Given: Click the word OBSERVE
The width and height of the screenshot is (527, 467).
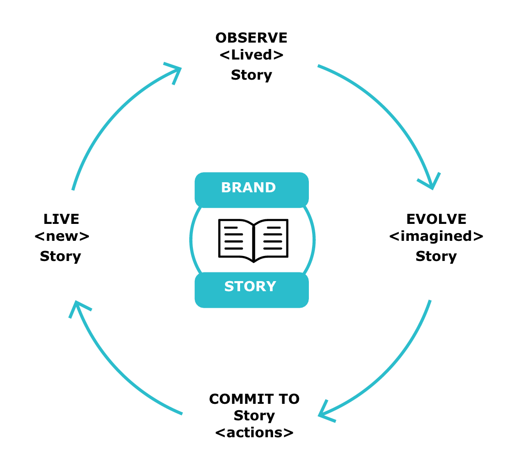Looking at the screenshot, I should click(x=251, y=38).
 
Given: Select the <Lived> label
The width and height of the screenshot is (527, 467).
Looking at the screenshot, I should click(x=251, y=55).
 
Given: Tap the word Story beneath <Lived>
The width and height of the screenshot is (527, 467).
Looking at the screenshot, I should click(x=251, y=75).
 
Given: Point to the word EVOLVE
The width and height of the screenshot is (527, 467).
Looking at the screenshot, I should click(x=436, y=219).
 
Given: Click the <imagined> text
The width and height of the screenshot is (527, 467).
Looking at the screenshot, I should click(x=436, y=237).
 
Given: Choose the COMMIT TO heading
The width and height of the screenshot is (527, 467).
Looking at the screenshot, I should click(x=254, y=399).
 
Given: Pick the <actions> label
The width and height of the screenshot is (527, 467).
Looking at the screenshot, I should click(x=254, y=432).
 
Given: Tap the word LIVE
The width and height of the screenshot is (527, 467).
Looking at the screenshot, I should click(x=61, y=219).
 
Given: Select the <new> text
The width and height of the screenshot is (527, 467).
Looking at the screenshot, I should click(x=61, y=237).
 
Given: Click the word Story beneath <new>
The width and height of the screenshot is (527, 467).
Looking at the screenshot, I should click(x=60, y=256).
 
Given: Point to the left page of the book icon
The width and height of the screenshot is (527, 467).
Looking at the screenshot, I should click(x=236, y=239).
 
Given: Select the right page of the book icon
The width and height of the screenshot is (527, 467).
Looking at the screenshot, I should click(x=271, y=239).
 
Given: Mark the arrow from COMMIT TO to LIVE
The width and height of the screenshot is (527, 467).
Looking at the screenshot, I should click(x=115, y=371).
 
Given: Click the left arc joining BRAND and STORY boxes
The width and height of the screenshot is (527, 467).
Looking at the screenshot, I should click(x=192, y=239).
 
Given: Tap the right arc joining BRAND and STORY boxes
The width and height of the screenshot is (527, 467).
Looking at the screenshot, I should click(x=314, y=239).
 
